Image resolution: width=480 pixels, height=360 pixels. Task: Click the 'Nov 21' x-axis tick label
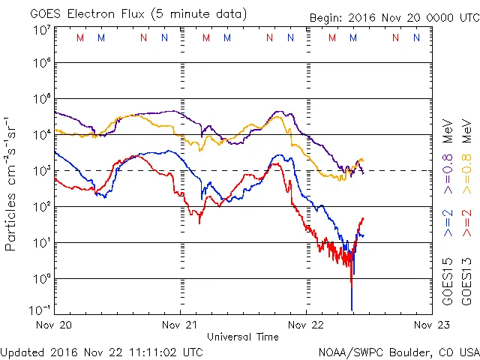180,325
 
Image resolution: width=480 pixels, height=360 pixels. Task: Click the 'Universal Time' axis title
243,337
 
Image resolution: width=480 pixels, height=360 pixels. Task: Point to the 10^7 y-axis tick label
40,30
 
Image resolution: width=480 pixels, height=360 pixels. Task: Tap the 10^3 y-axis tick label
40,170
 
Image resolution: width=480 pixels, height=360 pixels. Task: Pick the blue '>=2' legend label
447,223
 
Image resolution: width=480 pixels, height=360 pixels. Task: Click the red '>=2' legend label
466,223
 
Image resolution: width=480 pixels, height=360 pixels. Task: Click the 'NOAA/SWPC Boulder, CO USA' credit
398,351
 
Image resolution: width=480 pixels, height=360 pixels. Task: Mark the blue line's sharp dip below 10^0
352,304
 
